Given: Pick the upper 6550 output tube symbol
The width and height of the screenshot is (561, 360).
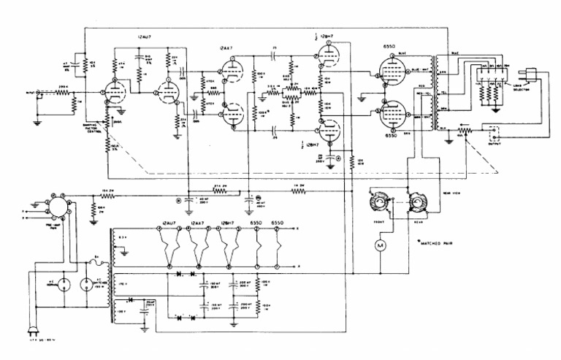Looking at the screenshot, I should click(x=386, y=75).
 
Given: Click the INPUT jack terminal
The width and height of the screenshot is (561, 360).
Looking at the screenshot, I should click(x=38, y=94).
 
